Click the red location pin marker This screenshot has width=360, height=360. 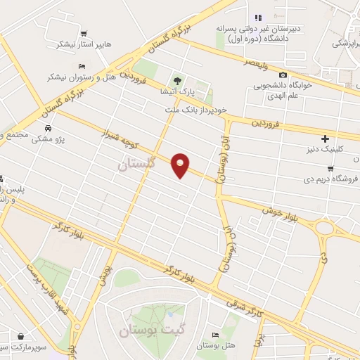click(x=181, y=165)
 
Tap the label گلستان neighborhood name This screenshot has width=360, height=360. click(x=134, y=165)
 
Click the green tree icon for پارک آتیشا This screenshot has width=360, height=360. click(x=179, y=79)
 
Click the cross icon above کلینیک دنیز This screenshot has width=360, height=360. click(x=324, y=139)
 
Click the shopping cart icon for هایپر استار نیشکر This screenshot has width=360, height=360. click(x=84, y=34)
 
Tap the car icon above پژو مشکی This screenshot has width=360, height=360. click(x=47, y=129)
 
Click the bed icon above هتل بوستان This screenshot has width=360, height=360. click(x=214, y=335)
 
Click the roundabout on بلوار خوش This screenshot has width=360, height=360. click(x=326, y=227)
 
